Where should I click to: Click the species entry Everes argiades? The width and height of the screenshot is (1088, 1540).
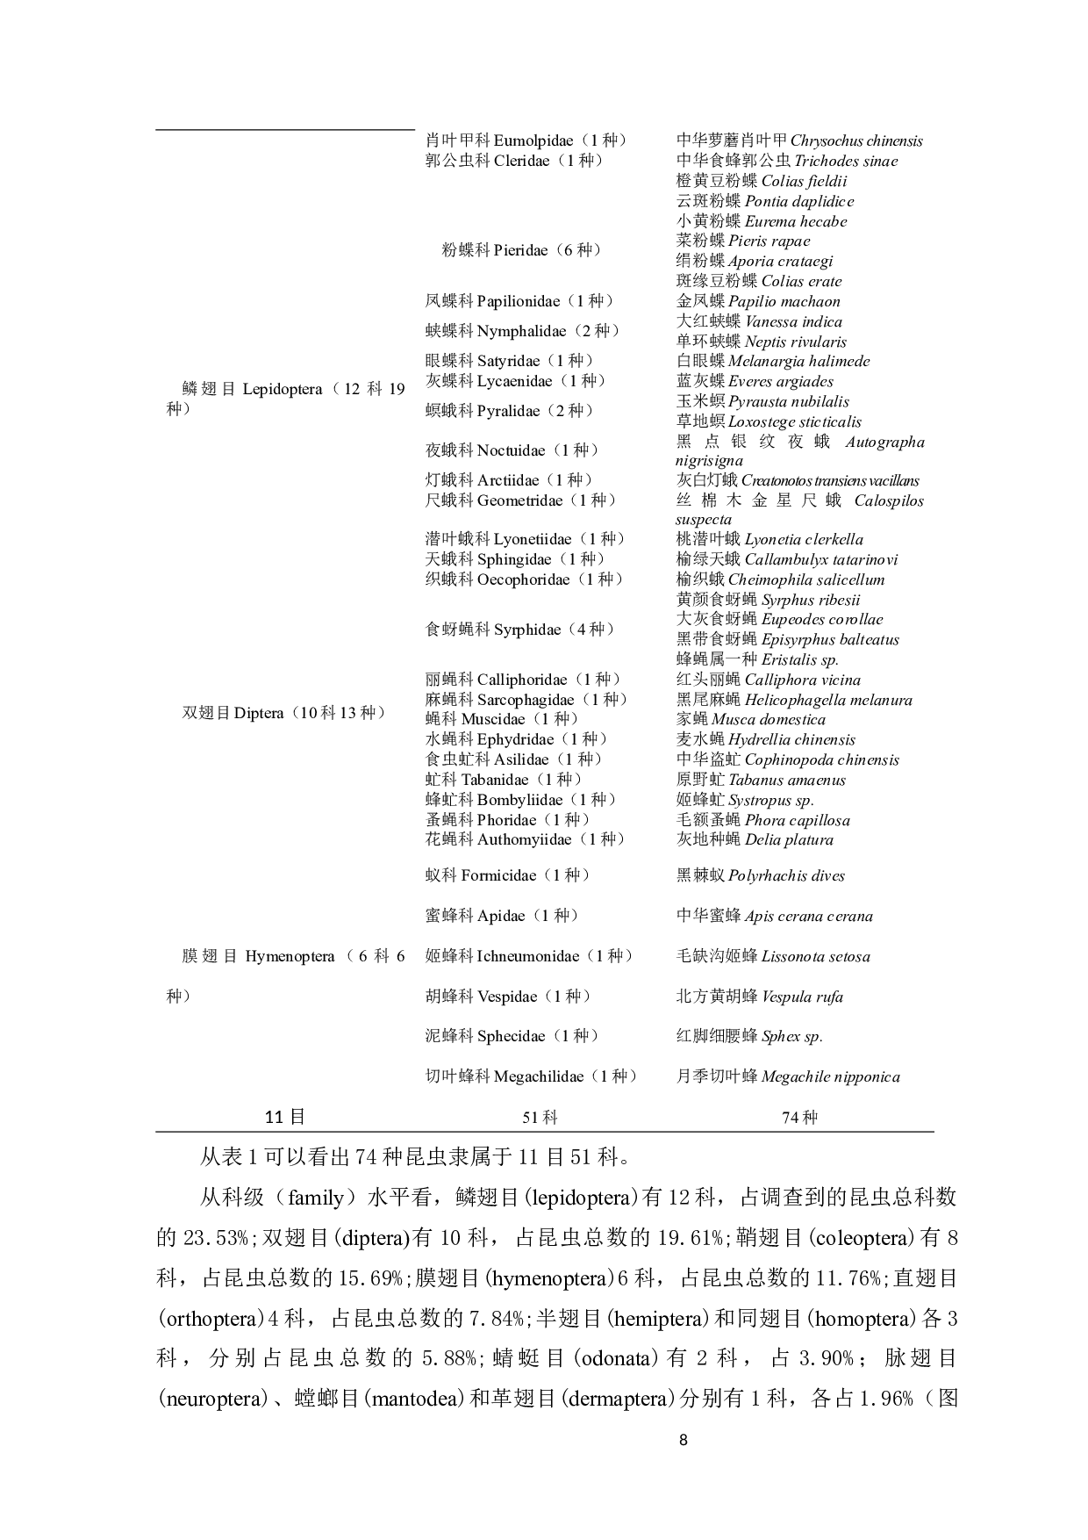click(x=780, y=381)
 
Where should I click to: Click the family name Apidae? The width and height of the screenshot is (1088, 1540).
click(x=501, y=916)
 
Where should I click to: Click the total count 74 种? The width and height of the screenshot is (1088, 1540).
click(x=799, y=1118)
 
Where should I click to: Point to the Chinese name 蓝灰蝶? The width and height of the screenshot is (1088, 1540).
click(x=700, y=381)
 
